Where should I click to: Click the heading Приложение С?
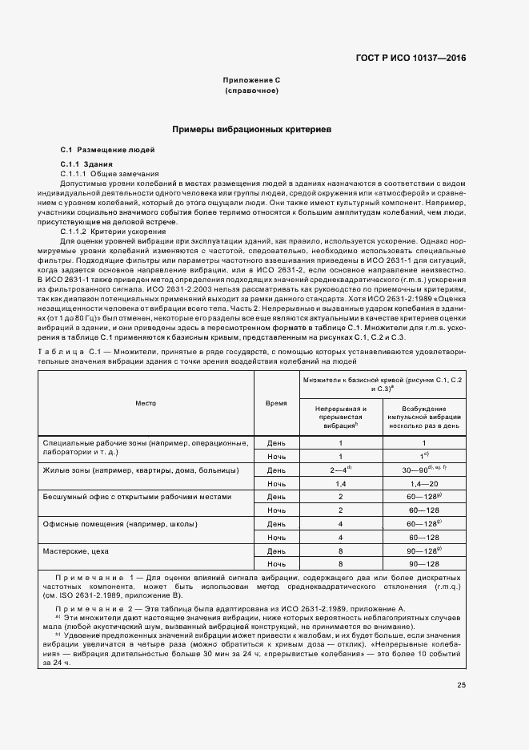(251, 82)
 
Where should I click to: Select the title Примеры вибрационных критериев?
(251, 129)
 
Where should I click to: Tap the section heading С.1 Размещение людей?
(108, 151)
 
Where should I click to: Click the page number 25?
(461, 684)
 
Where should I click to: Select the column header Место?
(146, 403)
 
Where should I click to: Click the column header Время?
(276, 403)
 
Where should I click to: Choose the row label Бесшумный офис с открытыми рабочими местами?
(139, 497)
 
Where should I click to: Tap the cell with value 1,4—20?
(423, 483)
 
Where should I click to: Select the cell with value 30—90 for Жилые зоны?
(423, 470)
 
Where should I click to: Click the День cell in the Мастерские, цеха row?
(276, 551)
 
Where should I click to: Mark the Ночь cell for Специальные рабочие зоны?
(276, 456)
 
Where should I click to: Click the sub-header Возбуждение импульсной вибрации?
(423, 417)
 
